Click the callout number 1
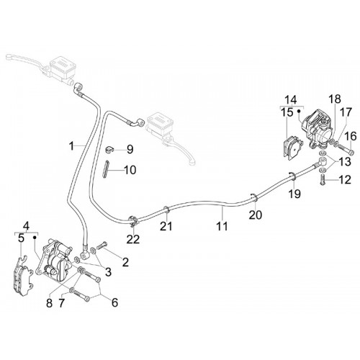click(x=71, y=146)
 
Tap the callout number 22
click(x=133, y=239)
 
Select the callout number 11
click(x=222, y=226)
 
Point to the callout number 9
click(x=130, y=150)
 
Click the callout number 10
click(x=130, y=170)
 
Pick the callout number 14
click(x=291, y=99)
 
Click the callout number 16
click(x=351, y=136)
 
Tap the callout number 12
click(x=345, y=180)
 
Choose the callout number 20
click(x=255, y=215)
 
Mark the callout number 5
click(x=21, y=238)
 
